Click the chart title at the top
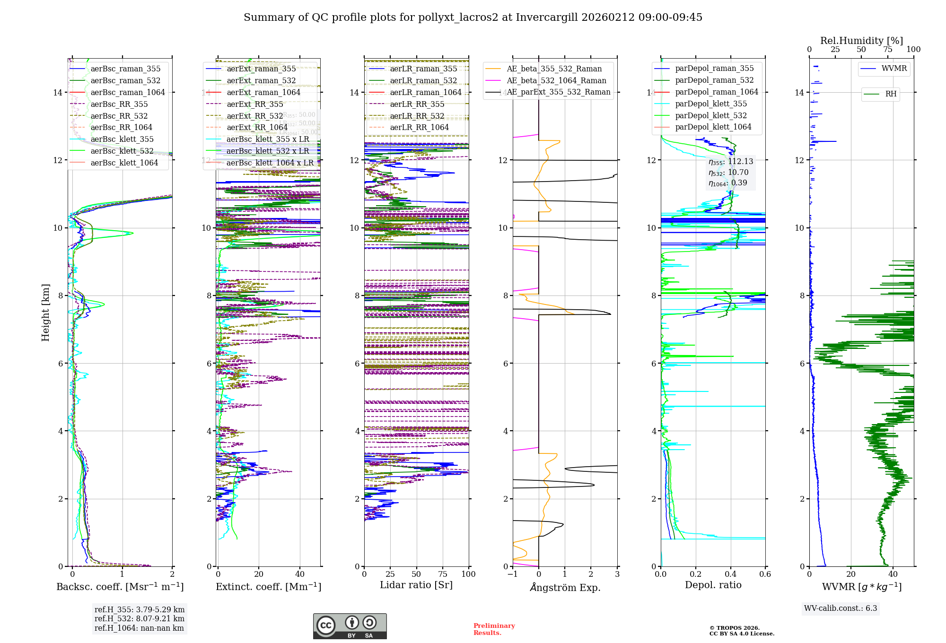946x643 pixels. click(x=473, y=17)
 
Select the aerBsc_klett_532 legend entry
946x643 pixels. click(x=122, y=151)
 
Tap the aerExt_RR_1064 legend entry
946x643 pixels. click(x=257, y=127)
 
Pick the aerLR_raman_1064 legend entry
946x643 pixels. click(x=425, y=92)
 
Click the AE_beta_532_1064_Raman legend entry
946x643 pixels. click(x=556, y=80)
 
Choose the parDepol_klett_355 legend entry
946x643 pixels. click(x=710, y=104)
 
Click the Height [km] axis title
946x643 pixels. click(x=45, y=312)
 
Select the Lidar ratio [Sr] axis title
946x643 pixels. click(x=416, y=585)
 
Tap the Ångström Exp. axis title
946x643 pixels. click(x=565, y=588)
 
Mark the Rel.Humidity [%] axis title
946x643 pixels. click(x=861, y=41)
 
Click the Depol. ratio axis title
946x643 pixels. click(x=713, y=585)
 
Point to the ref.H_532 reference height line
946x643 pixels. click(x=139, y=618)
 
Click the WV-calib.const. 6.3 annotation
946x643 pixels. click(x=841, y=608)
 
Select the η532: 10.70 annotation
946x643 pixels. click(x=728, y=173)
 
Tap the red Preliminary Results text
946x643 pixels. click(x=494, y=629)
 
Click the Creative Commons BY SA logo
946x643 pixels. click(x=350, y=626)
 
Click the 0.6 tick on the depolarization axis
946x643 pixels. click(x=765, y=574)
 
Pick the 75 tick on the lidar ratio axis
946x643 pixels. click(x=443, y=574)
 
